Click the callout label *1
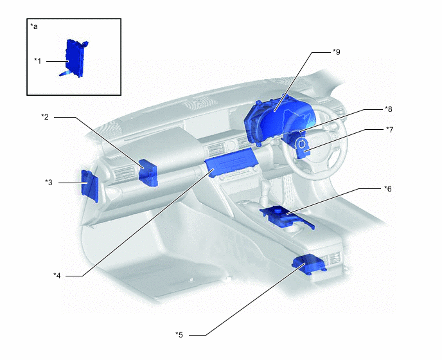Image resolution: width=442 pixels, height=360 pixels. pos(38,61)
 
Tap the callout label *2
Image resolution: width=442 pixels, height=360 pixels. pos(45,117)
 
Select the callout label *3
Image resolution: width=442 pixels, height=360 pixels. pos(49,183)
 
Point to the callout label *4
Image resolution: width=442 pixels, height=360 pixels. pos(57,276)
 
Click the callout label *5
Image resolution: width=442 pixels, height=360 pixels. pos(179,335)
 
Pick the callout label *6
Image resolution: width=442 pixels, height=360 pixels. pos(388,189)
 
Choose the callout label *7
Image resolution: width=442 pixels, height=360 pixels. pos(389,130)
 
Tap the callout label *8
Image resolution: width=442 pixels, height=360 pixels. pos(389,109)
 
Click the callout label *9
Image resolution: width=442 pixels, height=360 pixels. pos(336,52)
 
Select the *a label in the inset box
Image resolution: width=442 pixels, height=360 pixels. pos(34,26)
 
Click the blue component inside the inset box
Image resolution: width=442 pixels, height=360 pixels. pos(74,58)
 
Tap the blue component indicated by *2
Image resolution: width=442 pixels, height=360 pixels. pos(148,173)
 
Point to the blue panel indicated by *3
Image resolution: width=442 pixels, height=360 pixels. pos(90,186)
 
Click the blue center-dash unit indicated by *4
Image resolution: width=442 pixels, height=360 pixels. pos(231,162)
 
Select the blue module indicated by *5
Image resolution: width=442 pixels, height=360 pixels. pos(309,264)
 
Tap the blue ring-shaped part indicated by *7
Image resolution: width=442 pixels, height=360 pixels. pos(302,147)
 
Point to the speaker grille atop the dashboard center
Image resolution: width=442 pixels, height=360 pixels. pos(200,104)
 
